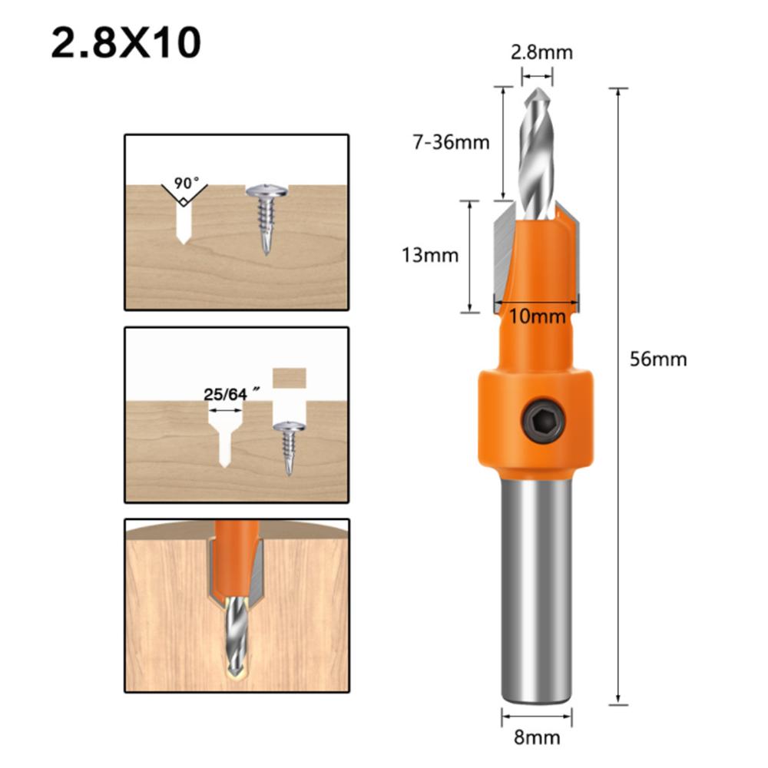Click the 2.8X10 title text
pos(126,45)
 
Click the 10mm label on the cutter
pos(537,316)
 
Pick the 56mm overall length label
pos(658,359)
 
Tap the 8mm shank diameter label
pos(537,737)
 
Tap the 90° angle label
pos(186,184)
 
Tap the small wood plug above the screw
pos(290,378)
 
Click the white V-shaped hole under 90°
pos(184,218)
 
